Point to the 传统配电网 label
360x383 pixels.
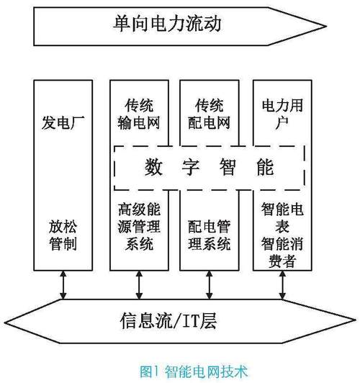coord(206,113)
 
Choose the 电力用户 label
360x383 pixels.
coord(279,113)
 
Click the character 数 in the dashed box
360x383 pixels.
coord(152,168)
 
